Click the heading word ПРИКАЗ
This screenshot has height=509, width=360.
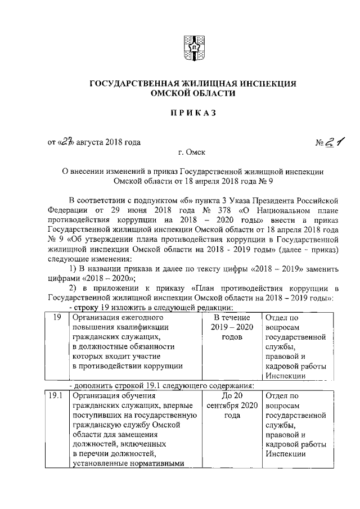(193, 114)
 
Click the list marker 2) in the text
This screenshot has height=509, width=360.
(73, 289)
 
